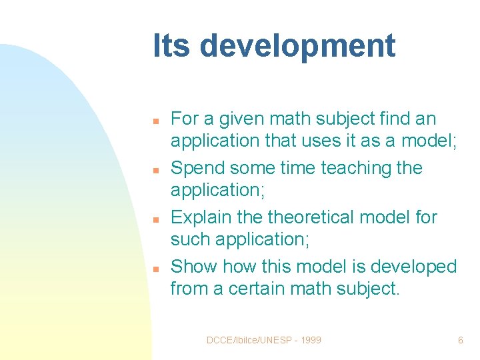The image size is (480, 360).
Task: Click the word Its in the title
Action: click(x=172, y=46)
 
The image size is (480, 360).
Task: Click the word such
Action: click(x=189, y=239)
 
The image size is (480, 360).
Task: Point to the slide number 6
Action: click(x=460, y=341)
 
